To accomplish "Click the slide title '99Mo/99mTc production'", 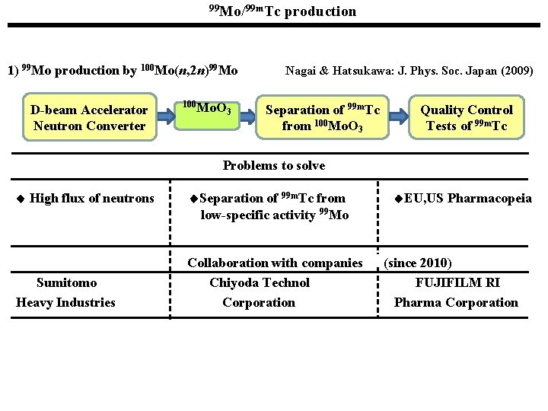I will click(x=282, y=11).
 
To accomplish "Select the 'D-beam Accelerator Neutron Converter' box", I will click(x=90, y=117).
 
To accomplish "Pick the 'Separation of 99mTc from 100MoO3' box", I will click(x=322, y=116).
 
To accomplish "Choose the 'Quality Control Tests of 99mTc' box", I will click(x=467, y=117).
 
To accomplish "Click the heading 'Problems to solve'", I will click(x=273, y=165).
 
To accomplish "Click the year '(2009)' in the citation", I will click(x=517, y=71).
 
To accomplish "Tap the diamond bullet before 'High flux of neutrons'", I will click(x=21, y=199).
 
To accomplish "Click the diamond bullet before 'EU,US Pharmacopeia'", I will click(x=398, y=199).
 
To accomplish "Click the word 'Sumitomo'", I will click(x=66, y=283).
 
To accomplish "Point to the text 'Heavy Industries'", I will click(x=65, y=302).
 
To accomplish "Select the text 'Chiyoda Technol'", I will click(x=260, y=283).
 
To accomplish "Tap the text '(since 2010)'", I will click(x=418, y=263).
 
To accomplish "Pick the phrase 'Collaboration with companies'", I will click(x=275, y=263).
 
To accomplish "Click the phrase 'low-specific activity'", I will click(x=247, y=215).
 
